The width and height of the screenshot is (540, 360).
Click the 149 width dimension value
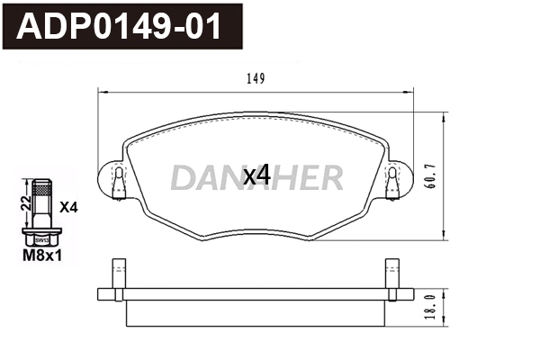pyautogui.click(x=255, y=79)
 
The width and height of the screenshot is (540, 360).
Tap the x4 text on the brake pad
pyautogui.click(x=257, y=175)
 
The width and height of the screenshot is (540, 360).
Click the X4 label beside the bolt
pyautogui.click(x=68, y=207)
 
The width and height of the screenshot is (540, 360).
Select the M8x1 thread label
pyautogui.click(x=42, y=255)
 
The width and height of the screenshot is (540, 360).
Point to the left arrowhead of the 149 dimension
pyautogui.click(x=101, y=92)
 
